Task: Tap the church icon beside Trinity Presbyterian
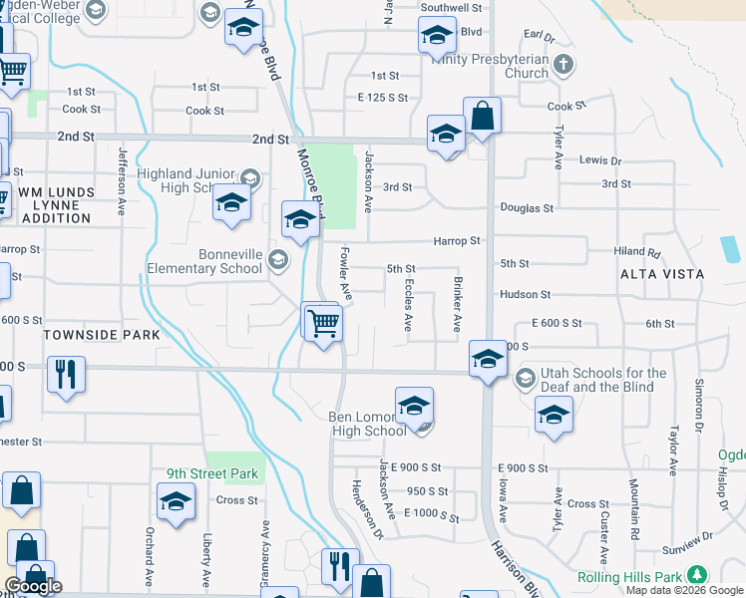[x=563, y=66]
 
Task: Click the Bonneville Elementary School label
[x=203, y=261]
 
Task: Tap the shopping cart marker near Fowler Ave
[x=323, y=324]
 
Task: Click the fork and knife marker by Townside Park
[x=67, y=376]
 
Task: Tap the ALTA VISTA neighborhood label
[x=662, y=274]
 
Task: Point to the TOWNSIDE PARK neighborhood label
[x=101, y=336]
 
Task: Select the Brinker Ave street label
[x=458, y=305]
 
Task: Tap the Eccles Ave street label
[x=408, y=305]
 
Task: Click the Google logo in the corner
[x=34, y=586]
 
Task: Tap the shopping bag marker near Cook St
[x=482, y=115]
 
